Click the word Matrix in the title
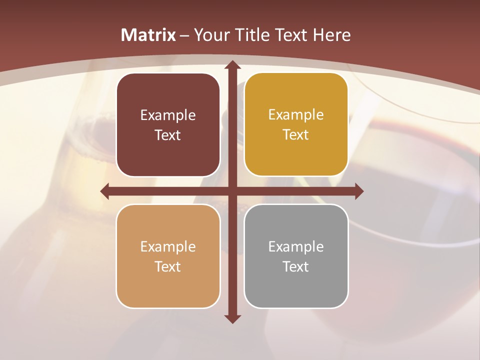(148, 35)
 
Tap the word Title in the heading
(253, 35)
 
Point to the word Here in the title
(331, 35)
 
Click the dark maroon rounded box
(168, 125)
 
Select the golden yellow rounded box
(296, 124)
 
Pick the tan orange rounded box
(168, 256)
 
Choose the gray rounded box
(296, 256)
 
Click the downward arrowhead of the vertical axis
(232, 318)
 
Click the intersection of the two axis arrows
(232, 191)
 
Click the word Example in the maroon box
(168, 115)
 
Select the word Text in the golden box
(296, 135)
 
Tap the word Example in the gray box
(296, 246)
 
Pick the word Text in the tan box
(168, 266)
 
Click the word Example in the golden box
(296, 114)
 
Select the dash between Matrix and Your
(184, 35)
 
